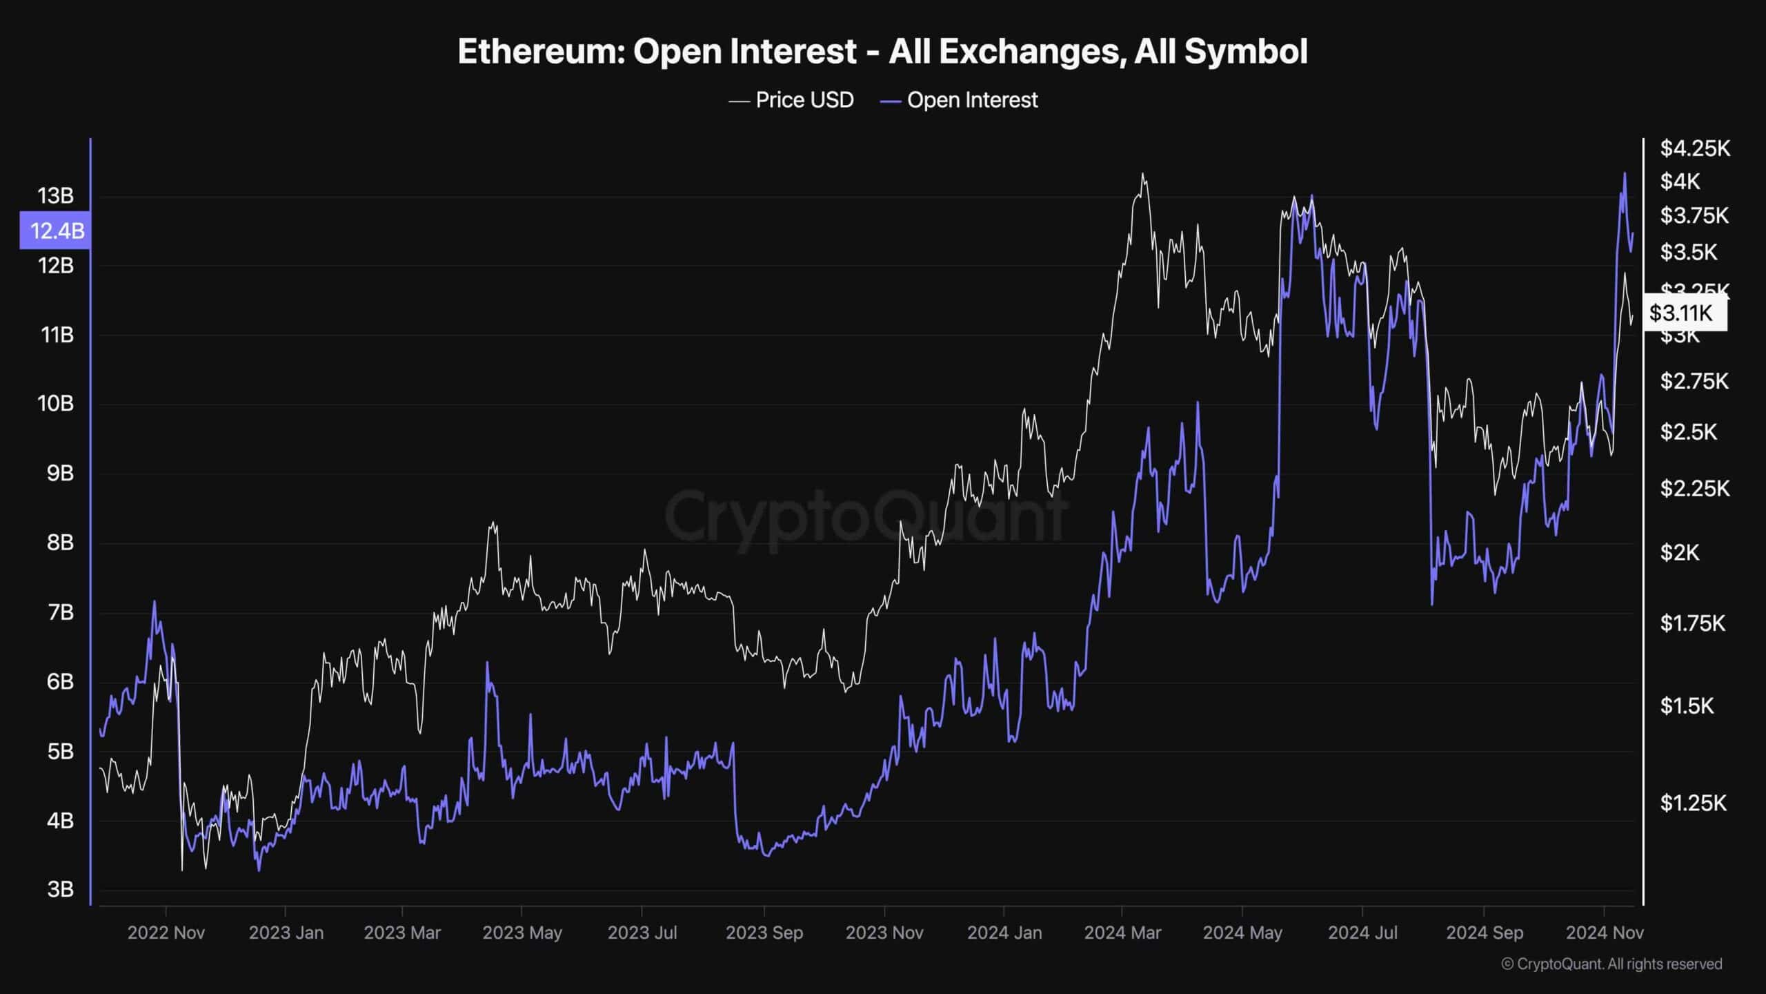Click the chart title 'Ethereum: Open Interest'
pos(882,52)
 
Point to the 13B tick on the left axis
pos(56,196)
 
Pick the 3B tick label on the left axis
pos(60,889)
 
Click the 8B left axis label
pos(60,543)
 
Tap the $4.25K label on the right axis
pos(1695,148)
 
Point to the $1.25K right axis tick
pos(1693,803)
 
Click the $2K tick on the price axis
pos(1680,552)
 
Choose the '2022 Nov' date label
pos(166,933)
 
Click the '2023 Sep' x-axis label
pos(764,933)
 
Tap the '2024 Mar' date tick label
pos(1122,933)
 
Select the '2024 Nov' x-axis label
pos(1605,933)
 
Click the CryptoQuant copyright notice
pos(1611,964)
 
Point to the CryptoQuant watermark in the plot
pos(866,515)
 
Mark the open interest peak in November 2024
pos(1624,174)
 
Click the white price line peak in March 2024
pos(1142,174)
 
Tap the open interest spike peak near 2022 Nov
pos(154,602)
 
